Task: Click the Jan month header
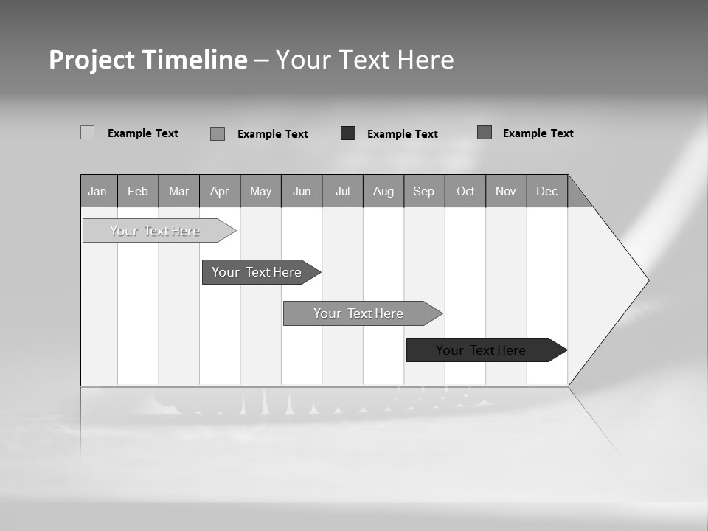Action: [98, 191]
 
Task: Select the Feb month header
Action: [138, 191]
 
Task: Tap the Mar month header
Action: [178, 191]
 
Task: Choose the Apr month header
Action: [219, 191]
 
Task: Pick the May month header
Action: [260, 191]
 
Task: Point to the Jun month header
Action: [302, 191]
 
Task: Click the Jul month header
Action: [342, 191]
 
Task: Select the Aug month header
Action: [383, 191]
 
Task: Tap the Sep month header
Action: [424, 191]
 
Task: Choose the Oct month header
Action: [465, 191]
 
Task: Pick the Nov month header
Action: [506, 191]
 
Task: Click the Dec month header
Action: [546, 191]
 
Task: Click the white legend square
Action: [87, 133]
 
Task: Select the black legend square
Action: [348, 133]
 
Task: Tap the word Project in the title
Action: [92, 60]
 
